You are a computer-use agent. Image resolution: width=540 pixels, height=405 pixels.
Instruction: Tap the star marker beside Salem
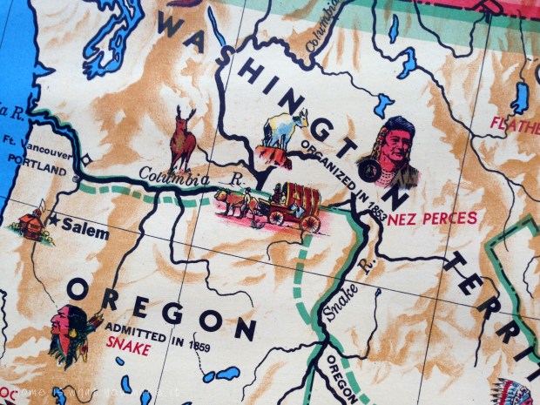54,220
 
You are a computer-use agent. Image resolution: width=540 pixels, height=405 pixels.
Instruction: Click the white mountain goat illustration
285,132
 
